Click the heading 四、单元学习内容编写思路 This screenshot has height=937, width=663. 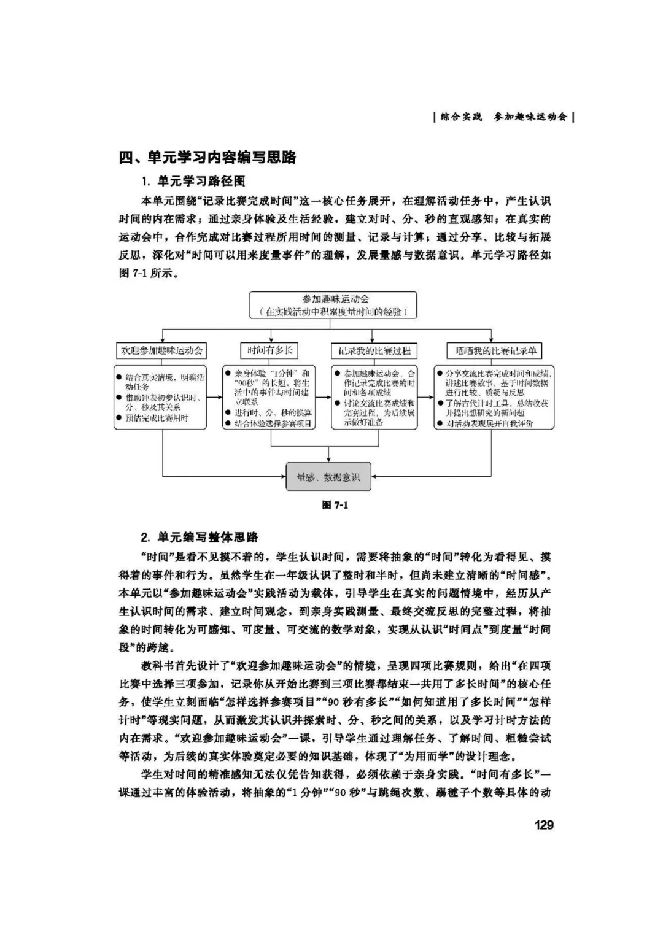[x=207, y=157]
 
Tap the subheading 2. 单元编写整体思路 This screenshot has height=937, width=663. [x=200, y=538]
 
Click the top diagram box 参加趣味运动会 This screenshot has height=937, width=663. [x=331, y=299]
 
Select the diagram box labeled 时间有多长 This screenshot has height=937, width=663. [x=270, y=350]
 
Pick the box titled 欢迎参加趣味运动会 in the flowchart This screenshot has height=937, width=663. [x=162, y=351]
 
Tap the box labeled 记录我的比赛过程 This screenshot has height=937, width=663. [x=374, y=351]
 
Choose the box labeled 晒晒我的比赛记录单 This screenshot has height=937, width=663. [x=495, y=351]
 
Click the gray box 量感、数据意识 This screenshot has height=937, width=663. [x=328, y=477]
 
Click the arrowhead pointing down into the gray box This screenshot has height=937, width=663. [x=329, y=460]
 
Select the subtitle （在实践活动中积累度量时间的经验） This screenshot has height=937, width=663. [x=333, y=312]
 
